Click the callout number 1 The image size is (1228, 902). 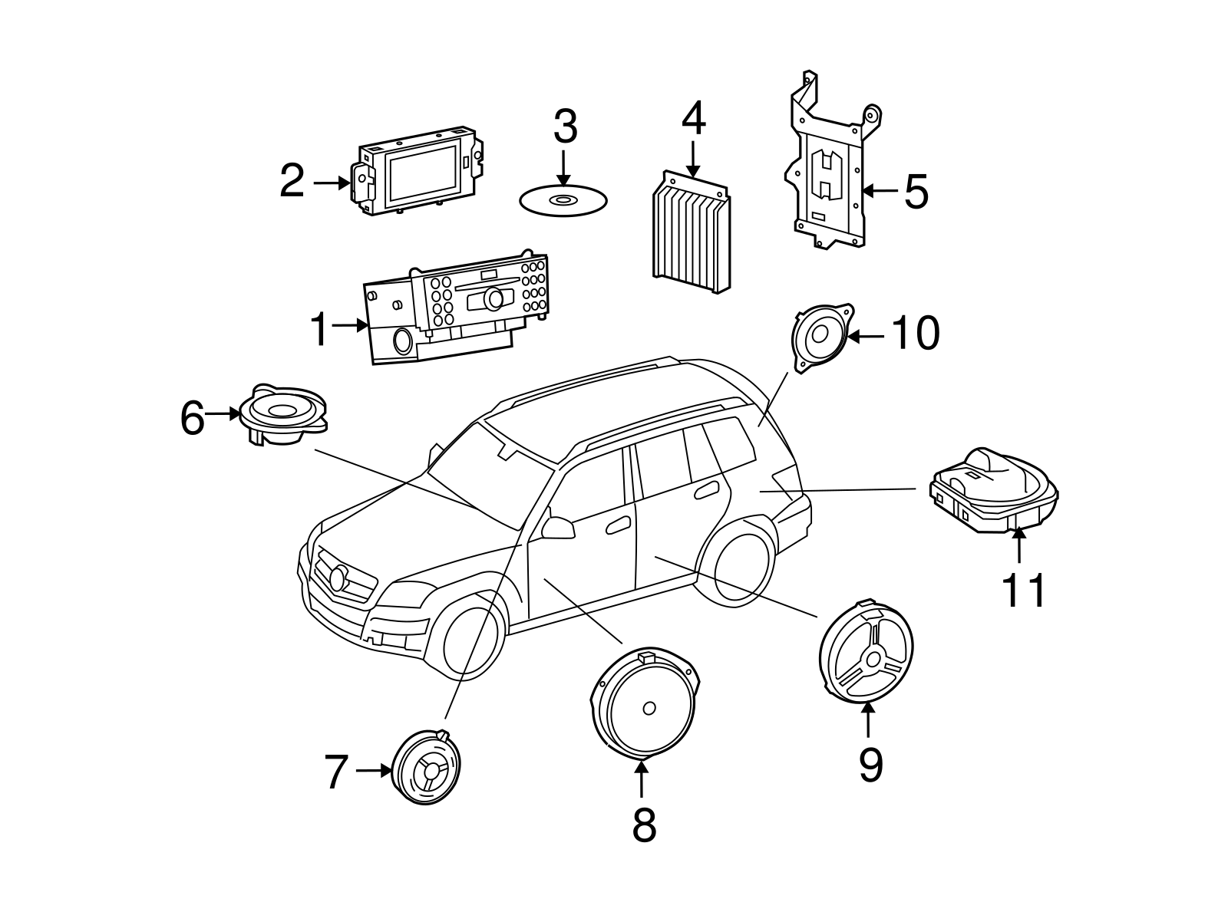[x=320, y=331]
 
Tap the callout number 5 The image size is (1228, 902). [x=916, y=191]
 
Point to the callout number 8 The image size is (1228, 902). [x=644, y=825]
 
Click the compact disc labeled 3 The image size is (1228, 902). [x=563, y=201]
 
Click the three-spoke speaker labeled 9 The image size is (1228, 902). [x=867, y=653]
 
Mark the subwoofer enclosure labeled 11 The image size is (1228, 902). [x=993, y=491]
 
